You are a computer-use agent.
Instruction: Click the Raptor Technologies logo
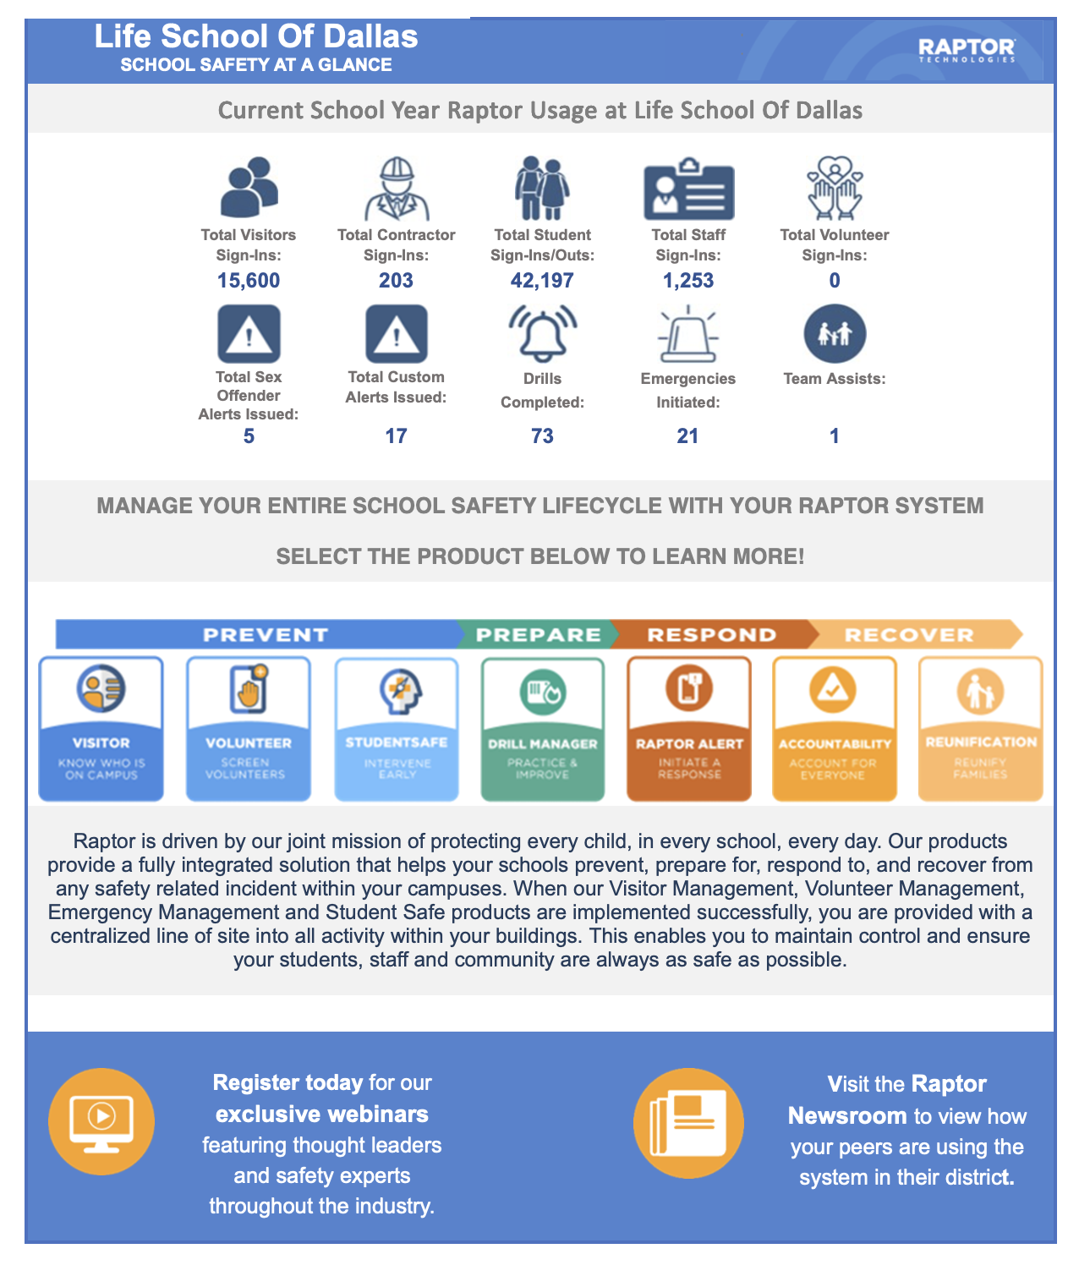click(x=967, y=50)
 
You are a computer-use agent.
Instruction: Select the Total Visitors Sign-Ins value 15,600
click(x=249, y=281)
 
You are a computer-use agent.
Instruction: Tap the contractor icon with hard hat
click(x=397, y=189)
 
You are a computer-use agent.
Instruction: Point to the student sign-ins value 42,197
click(x=542, y=281)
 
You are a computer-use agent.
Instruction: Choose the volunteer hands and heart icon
click(x=835, y=188)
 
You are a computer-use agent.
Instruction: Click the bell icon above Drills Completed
click(x=542, y=334)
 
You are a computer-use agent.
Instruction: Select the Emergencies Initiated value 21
click(x=687, y=436)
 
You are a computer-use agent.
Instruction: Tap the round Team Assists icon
click(x=835, y=334)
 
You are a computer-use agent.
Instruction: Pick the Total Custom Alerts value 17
click(x=396, y=436)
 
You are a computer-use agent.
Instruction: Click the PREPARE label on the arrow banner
click(x=539, y=635)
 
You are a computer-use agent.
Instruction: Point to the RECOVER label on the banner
click(x=909, y=635)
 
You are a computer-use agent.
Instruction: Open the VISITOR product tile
click(x=101, y=729)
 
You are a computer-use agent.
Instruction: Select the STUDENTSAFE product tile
click(x=397, y=729)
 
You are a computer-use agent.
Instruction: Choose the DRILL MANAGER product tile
click(x=543, y=729)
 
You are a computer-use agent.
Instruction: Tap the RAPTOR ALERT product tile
click(x=689, y=729)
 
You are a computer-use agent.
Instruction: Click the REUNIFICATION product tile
click(x=980, y=729)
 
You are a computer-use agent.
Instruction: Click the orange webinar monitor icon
click(x=101, y=1121)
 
